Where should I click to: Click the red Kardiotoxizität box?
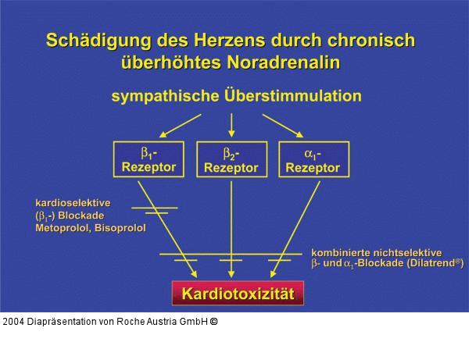tap(238, 294)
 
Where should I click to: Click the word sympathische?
tap(160, 97)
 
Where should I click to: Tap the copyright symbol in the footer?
tap(213, 321)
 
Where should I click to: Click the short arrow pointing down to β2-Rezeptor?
tap(231, 124)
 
